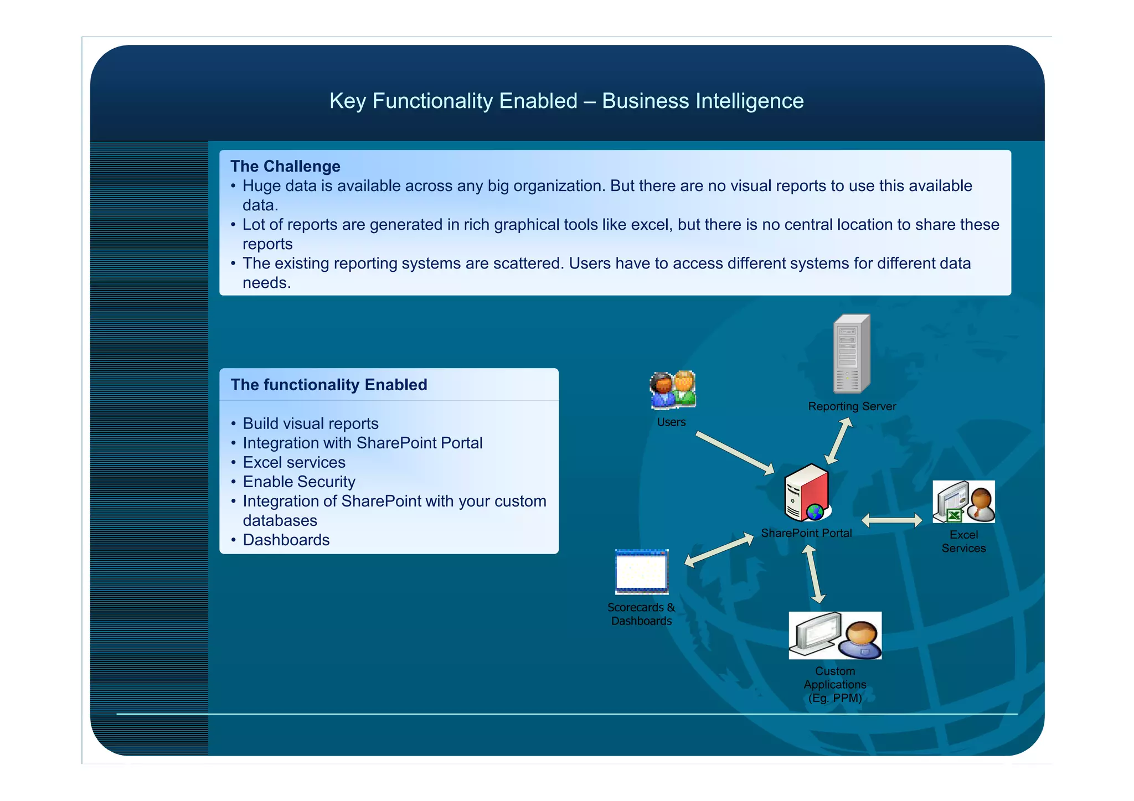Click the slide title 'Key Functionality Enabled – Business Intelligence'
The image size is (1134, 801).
point(566,101)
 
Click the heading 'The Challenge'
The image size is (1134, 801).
point(285,166)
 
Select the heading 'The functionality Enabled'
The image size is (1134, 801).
point(329,385)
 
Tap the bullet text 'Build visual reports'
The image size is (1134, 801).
point(310,423)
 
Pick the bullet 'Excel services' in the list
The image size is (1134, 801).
point(293,462)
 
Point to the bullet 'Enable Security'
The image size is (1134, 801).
point(298,482)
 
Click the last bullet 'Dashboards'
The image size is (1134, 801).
point(286,540)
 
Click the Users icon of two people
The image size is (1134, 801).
point(673,390)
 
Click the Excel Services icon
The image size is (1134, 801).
point(963,502)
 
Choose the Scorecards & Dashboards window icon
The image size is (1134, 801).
point(642,571)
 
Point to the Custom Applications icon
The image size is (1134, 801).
point(835,635)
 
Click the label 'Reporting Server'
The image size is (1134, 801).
point(852,406)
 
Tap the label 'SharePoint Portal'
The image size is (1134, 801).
point(806,533)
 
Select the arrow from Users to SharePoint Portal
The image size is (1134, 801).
point(735,453)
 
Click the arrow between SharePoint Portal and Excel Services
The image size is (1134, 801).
point(892,520)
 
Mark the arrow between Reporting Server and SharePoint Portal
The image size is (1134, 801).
point(838,441)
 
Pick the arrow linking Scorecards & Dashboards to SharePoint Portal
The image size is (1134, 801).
point(719,550)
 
